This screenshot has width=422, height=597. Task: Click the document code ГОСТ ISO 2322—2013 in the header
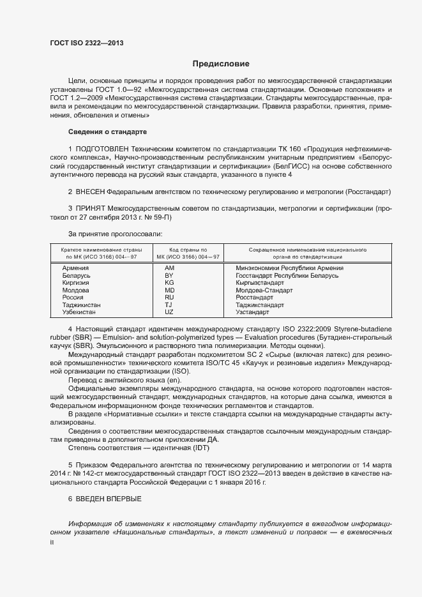(86, 43)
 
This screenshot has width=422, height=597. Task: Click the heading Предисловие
(221, 64)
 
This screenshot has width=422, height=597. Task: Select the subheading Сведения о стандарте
(107, 132)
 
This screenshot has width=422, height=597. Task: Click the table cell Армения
(75, 268)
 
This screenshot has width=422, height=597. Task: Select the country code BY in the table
(169, 276)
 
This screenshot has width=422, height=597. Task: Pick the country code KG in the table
(169, 283)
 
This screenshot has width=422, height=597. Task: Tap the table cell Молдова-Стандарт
(264, 291)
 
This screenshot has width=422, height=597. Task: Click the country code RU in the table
(169, 298)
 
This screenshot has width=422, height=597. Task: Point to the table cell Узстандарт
(252, 312)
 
